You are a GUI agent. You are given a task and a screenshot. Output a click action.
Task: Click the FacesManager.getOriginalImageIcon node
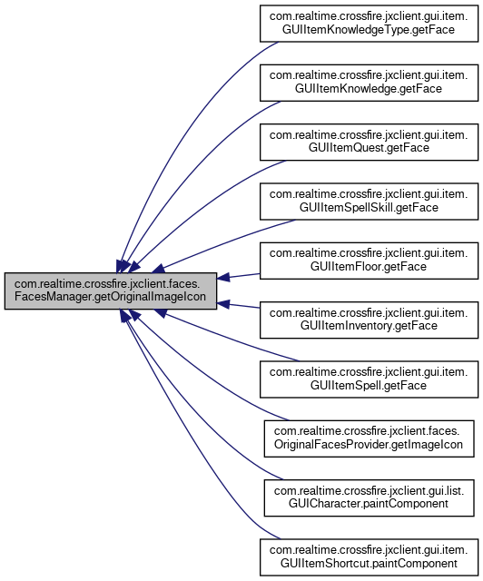[x=111, y=290]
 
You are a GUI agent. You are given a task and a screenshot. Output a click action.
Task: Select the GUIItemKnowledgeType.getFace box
[x=369, y=24]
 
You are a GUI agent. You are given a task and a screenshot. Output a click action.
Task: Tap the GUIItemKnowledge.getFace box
[x=369, y=83]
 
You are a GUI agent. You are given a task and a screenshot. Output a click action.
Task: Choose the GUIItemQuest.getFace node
[x=369, y=142]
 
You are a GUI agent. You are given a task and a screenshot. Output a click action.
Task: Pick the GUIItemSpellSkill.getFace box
[x=369, y=202]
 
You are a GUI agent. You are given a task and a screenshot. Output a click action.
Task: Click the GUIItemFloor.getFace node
[x=369, y=261]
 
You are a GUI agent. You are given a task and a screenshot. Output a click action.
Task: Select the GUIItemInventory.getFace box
[x=369, y=320]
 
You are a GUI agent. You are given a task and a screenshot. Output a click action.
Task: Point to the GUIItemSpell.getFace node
[x=369, y=379]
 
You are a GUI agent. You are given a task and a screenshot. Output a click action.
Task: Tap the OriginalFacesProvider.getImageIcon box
[x=369, y=438]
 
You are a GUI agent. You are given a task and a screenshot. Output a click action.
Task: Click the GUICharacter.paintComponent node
[x=369, y=497]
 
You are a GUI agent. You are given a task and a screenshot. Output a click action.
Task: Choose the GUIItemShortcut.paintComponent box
[x=369, y=556]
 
